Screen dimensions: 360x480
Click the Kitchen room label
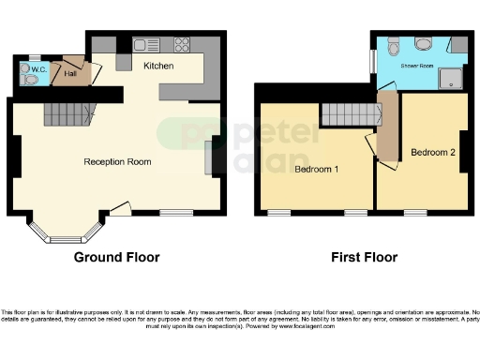click(x=157, y=66)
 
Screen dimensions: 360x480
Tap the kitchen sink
click(x=147, y=43)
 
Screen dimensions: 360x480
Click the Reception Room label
click(x=117, y=161)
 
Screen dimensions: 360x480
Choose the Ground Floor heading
click(x=116, y=257)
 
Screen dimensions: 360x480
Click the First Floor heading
click(x=363, y=257)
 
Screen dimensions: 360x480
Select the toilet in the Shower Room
click(x=395, y=44)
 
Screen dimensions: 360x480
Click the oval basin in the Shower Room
click(x=423, y=43)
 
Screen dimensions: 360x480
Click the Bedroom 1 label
click(x=316, y=170)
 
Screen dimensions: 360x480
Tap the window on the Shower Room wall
click(x=373, y=59)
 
